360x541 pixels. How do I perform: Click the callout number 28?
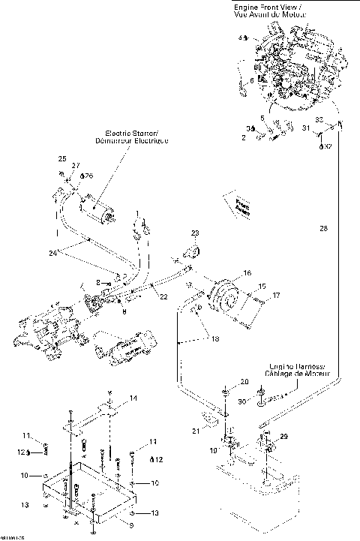click(323, 227)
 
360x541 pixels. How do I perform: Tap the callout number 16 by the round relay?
click(247, 275)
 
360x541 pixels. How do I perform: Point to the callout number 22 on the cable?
click(163, 298)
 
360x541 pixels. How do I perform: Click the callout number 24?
click(53, 253)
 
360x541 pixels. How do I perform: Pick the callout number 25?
click(62, 158)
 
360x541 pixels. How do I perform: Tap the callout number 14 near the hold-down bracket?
click(133, 397)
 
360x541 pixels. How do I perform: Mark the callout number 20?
click(244, 382)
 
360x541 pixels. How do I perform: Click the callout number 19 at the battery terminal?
click(213, 450)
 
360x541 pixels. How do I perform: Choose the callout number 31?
click(305, 128)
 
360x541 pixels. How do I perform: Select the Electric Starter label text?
click(131, 136)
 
